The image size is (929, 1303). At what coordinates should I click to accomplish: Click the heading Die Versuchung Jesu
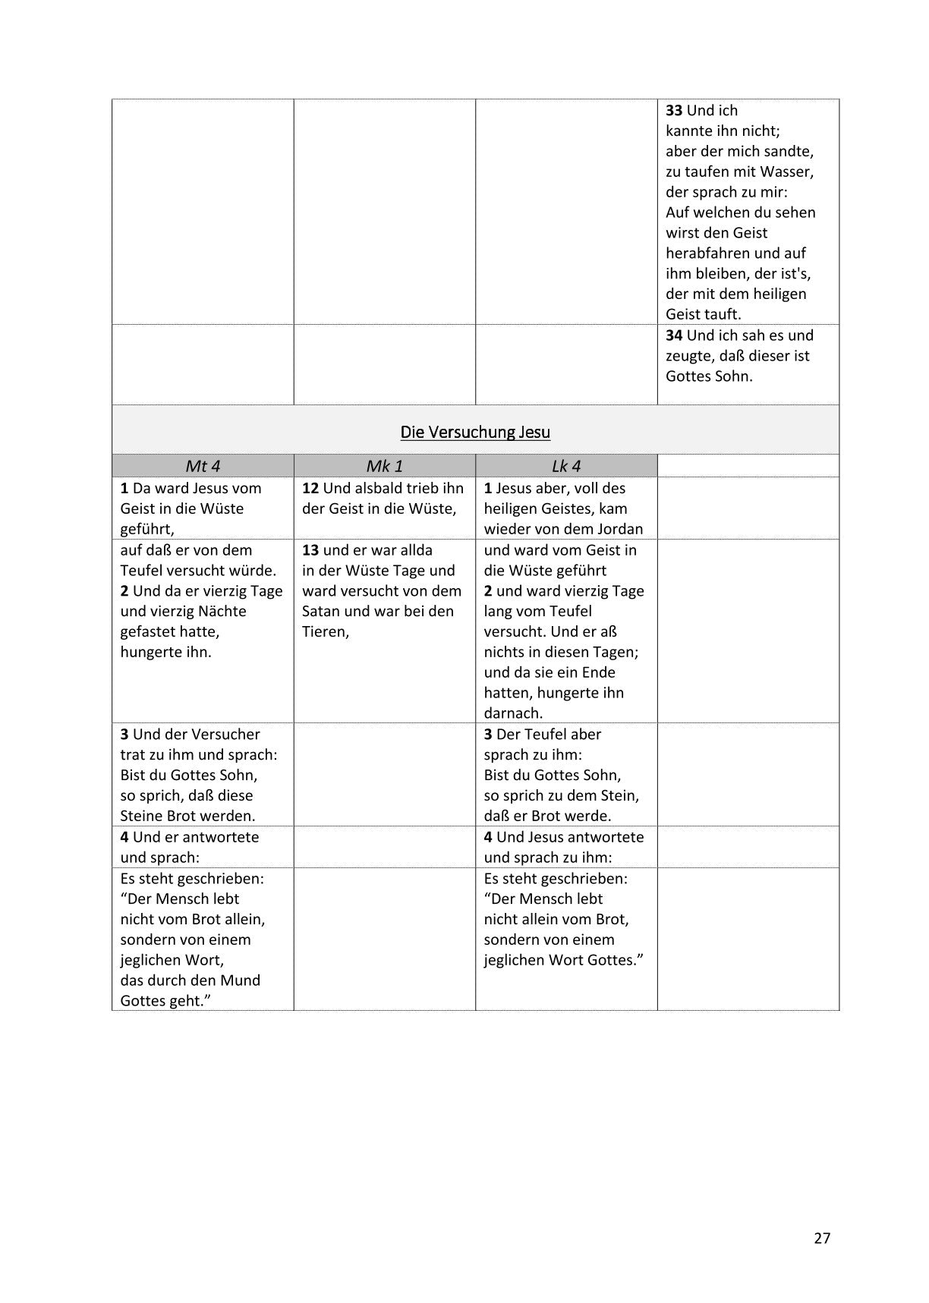[475, 432]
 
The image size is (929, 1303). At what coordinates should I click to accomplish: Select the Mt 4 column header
[203, 466]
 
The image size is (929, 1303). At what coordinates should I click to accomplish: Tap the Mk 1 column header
[384, 466]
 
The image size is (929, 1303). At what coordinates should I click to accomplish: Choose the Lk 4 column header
[566, 466]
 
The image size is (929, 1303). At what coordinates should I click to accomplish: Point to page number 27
[822, 1238]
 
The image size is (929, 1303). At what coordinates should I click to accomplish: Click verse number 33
[674, 110]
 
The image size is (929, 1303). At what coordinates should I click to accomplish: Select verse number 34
[674, 335]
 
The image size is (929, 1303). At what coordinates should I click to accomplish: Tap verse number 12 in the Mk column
[310, 488]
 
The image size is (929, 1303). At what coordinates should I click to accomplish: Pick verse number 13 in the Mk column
[310, 550]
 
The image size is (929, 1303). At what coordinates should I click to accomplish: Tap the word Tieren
[324, 631]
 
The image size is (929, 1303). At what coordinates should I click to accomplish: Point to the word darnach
[513, 713]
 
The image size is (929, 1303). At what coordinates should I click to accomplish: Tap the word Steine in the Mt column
[142, 816]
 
